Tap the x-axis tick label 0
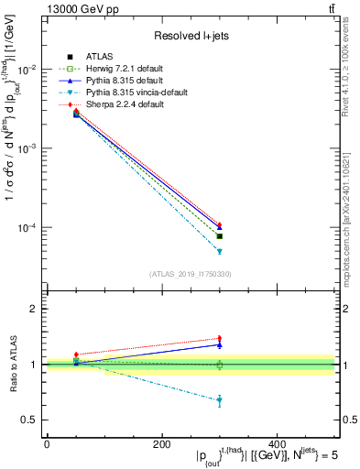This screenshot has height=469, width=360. (x=47, y=444)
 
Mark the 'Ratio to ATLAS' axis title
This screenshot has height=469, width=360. (x=13, y=364)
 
